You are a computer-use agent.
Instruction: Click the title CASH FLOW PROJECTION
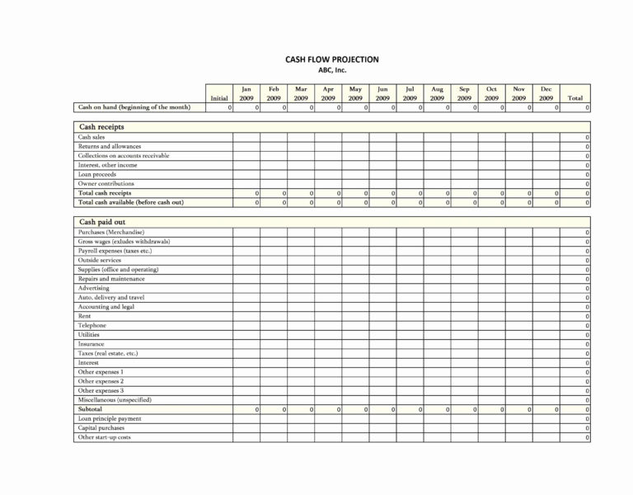coord(332,59)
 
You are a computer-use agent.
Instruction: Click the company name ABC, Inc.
coord(332,70)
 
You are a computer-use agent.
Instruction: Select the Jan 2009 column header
coord(246,93)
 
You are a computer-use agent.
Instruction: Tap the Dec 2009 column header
coord(546,93)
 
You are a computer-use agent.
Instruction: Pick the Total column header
coord(575,98)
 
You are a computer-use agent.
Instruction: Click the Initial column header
coord(218,98)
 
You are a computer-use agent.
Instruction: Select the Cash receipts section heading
coord(101,126)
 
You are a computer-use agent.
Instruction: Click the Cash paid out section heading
coord(102,222)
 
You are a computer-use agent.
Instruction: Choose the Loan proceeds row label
coord(96,174)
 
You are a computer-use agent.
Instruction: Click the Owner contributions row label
coord(105,184)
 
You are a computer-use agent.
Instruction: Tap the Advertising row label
coord(94,288)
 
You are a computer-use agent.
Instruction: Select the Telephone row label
coord(92,325)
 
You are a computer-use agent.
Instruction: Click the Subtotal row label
coord(90,409)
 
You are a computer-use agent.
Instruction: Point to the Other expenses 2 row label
coord(101,381)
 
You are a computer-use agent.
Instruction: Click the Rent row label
coord(84,316)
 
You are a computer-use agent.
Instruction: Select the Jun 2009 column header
coord(382,93)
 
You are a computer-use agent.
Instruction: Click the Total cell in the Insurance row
coord(576,344)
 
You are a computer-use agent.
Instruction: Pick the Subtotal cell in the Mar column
coord(301,409)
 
